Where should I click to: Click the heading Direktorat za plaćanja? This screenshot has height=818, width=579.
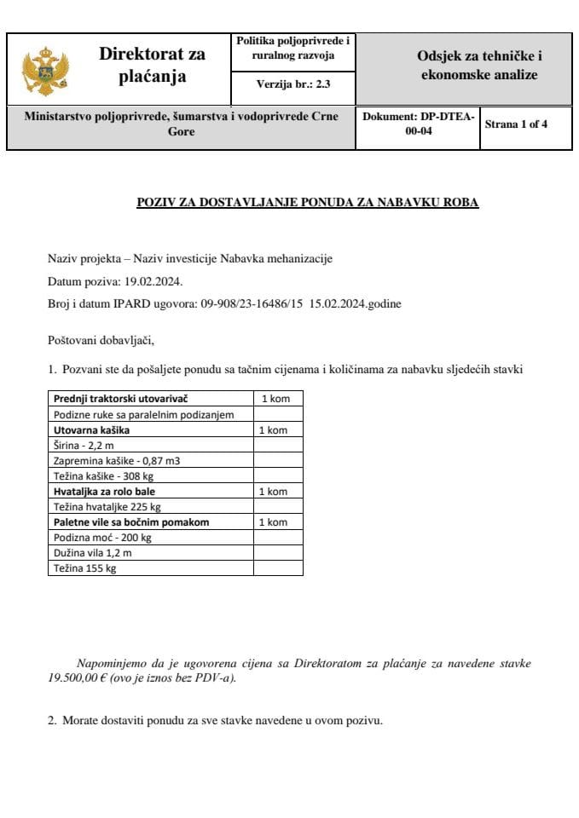pos(152,66)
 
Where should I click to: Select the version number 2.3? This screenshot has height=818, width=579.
pos(321,84)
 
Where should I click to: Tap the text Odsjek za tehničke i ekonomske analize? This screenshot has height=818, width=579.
pos(478,66)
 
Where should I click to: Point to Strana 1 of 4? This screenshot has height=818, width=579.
pos(516,124)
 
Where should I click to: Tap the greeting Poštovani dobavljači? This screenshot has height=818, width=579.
pos(101,342)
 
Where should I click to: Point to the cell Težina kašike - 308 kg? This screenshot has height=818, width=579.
pos(103,475)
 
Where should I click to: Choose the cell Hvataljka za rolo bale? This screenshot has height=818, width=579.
pos(104,491)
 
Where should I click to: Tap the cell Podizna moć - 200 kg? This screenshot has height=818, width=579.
pos(102,537)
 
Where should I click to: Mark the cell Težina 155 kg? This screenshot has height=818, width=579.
pos(84,567)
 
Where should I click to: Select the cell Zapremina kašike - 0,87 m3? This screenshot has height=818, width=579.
pos(117,460)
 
